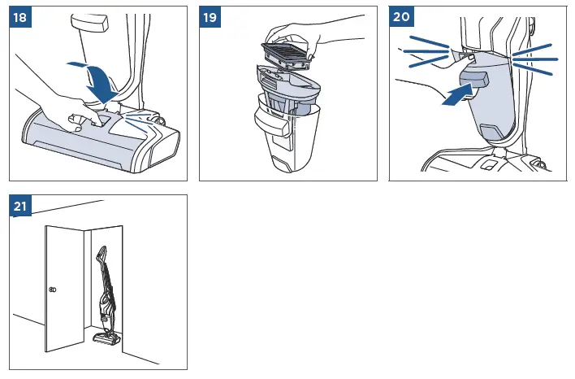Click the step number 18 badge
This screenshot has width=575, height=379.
point(20,17)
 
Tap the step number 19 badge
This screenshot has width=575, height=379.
point(210,17)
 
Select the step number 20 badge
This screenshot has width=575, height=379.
point(401,16)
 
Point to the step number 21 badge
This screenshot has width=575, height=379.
point(20,206)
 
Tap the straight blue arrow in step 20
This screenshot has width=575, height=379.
point(457,95)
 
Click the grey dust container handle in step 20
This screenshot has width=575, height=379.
point(473,79)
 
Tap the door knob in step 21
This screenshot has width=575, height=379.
point(53,290)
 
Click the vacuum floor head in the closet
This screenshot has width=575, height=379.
point(106,338)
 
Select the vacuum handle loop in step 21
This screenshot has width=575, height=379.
point(102,254)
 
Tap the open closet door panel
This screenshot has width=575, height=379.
point(64,289)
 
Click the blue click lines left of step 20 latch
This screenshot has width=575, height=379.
point(427,51)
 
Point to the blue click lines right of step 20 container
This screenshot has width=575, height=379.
point(534,59)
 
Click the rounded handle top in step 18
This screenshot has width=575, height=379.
point(90,23)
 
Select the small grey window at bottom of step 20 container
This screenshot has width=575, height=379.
point(491,132)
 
